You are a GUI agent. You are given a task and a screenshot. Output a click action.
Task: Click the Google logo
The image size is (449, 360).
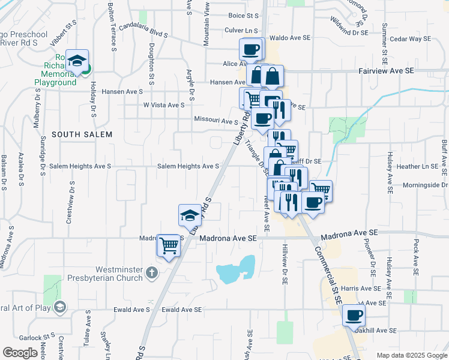coord(20,353)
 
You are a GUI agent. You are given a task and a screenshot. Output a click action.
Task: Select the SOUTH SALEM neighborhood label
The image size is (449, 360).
coord(82,134)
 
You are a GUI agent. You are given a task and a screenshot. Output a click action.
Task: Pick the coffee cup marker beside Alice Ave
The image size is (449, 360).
coord(251,49)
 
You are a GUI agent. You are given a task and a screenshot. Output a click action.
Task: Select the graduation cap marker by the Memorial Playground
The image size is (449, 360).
coord(77,61)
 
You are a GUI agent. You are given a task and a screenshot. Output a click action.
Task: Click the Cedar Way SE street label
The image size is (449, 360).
coord(411,39)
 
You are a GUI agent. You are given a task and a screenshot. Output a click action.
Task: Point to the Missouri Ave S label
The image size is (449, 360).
coord(216,120)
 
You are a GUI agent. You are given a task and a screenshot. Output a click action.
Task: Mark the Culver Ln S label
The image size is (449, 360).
coord(241,30)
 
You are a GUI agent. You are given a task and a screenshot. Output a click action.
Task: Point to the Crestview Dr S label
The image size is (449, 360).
coord(71,202)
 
